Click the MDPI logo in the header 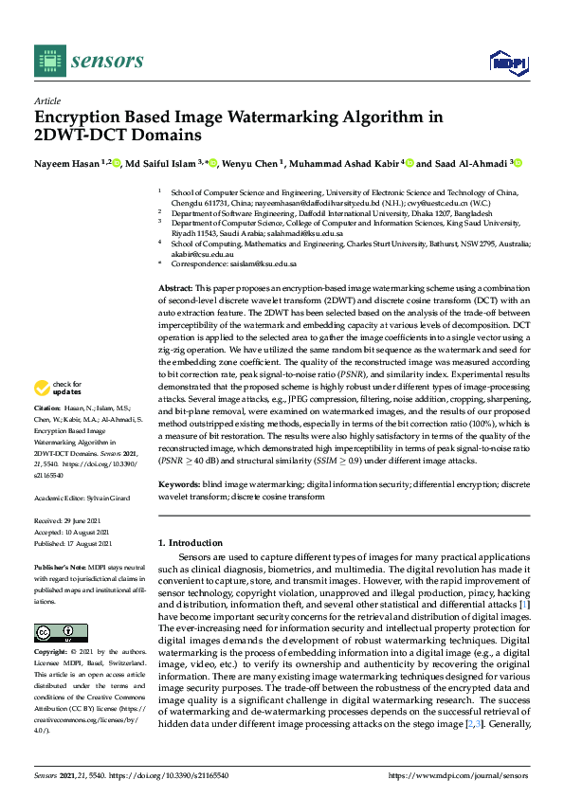507,62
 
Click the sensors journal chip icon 47,61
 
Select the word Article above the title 47,100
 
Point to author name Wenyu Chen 252,163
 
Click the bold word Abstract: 175,285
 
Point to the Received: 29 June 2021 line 74,521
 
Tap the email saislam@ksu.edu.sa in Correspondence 261,265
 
